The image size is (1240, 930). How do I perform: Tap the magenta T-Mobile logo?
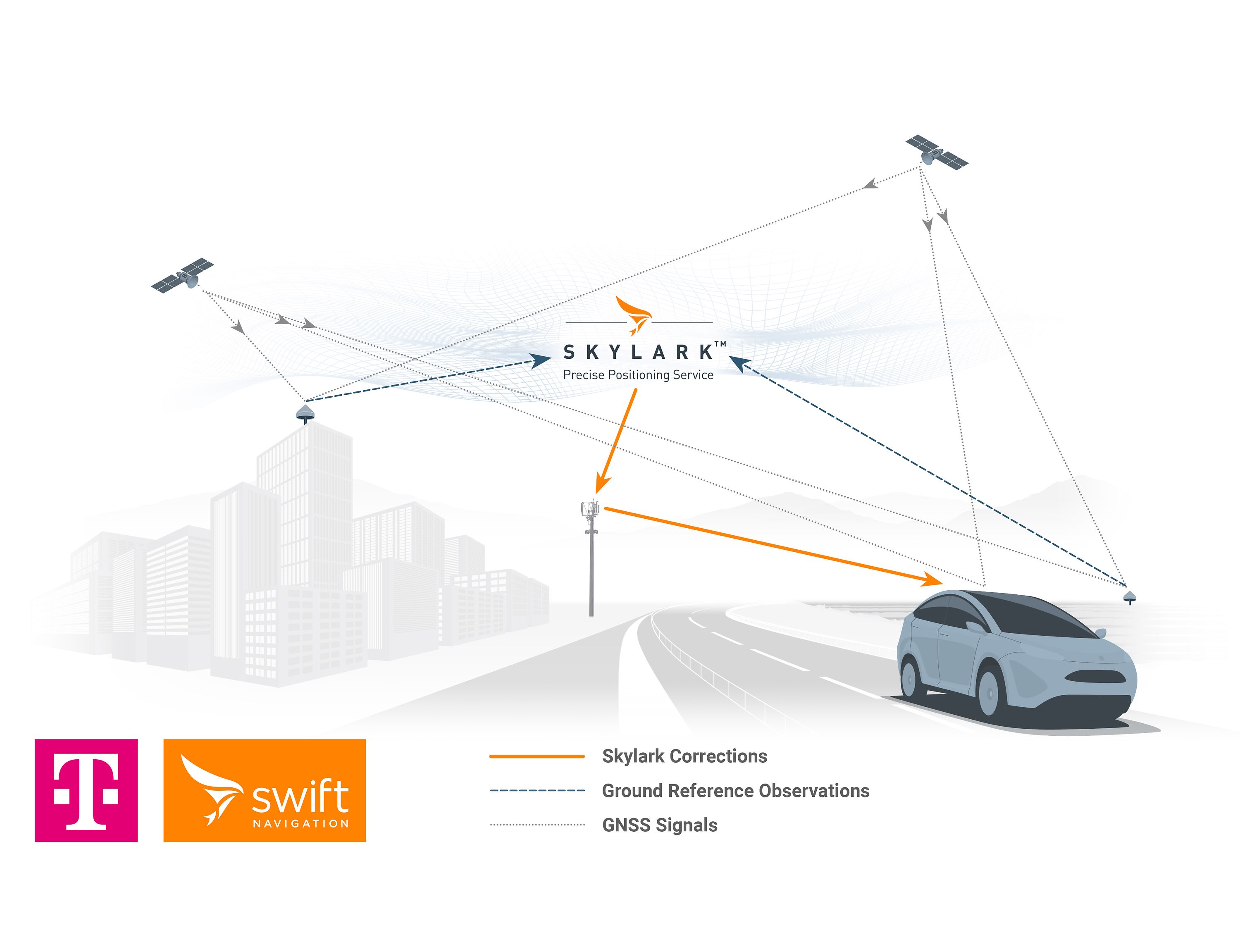point(86,790)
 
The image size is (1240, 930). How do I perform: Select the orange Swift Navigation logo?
point(265,790)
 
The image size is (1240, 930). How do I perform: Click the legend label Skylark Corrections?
point(684,756)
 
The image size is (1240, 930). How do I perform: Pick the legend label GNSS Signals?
point(660,825)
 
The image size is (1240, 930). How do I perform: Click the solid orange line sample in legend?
point(537,756)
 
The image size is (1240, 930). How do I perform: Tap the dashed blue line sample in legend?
point(537,790)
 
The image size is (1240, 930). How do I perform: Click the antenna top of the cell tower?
point(590,510)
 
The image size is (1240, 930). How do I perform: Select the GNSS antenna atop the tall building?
point(305,414)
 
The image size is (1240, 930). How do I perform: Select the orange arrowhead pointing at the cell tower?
point(602,483)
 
